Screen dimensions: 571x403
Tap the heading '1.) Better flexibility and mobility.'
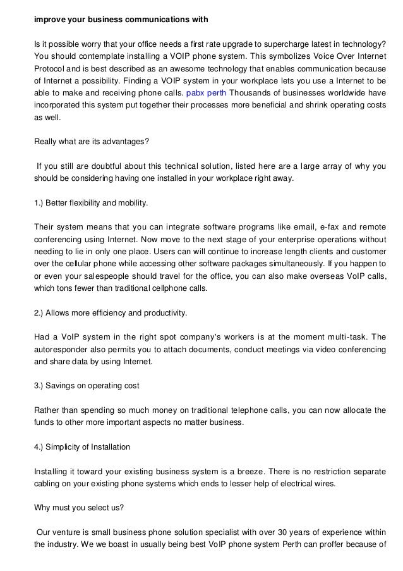tap(91, 203)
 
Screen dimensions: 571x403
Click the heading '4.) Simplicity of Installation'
tap(81, 447)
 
